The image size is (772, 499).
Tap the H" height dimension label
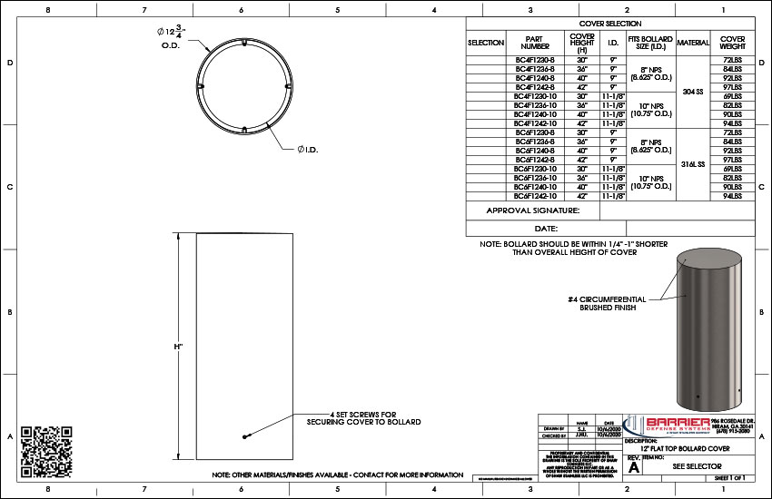coord(179,347)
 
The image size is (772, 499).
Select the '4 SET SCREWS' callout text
coord(363,418)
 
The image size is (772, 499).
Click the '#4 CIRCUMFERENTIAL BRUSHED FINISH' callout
coord(608,303)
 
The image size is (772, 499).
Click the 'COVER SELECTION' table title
coord(609,24)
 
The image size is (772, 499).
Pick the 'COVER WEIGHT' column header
coord(733,43)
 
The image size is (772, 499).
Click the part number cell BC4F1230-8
coord(533,59)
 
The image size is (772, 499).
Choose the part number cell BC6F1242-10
coord(533,196)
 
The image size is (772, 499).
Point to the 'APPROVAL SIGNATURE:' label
coord(533,210)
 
